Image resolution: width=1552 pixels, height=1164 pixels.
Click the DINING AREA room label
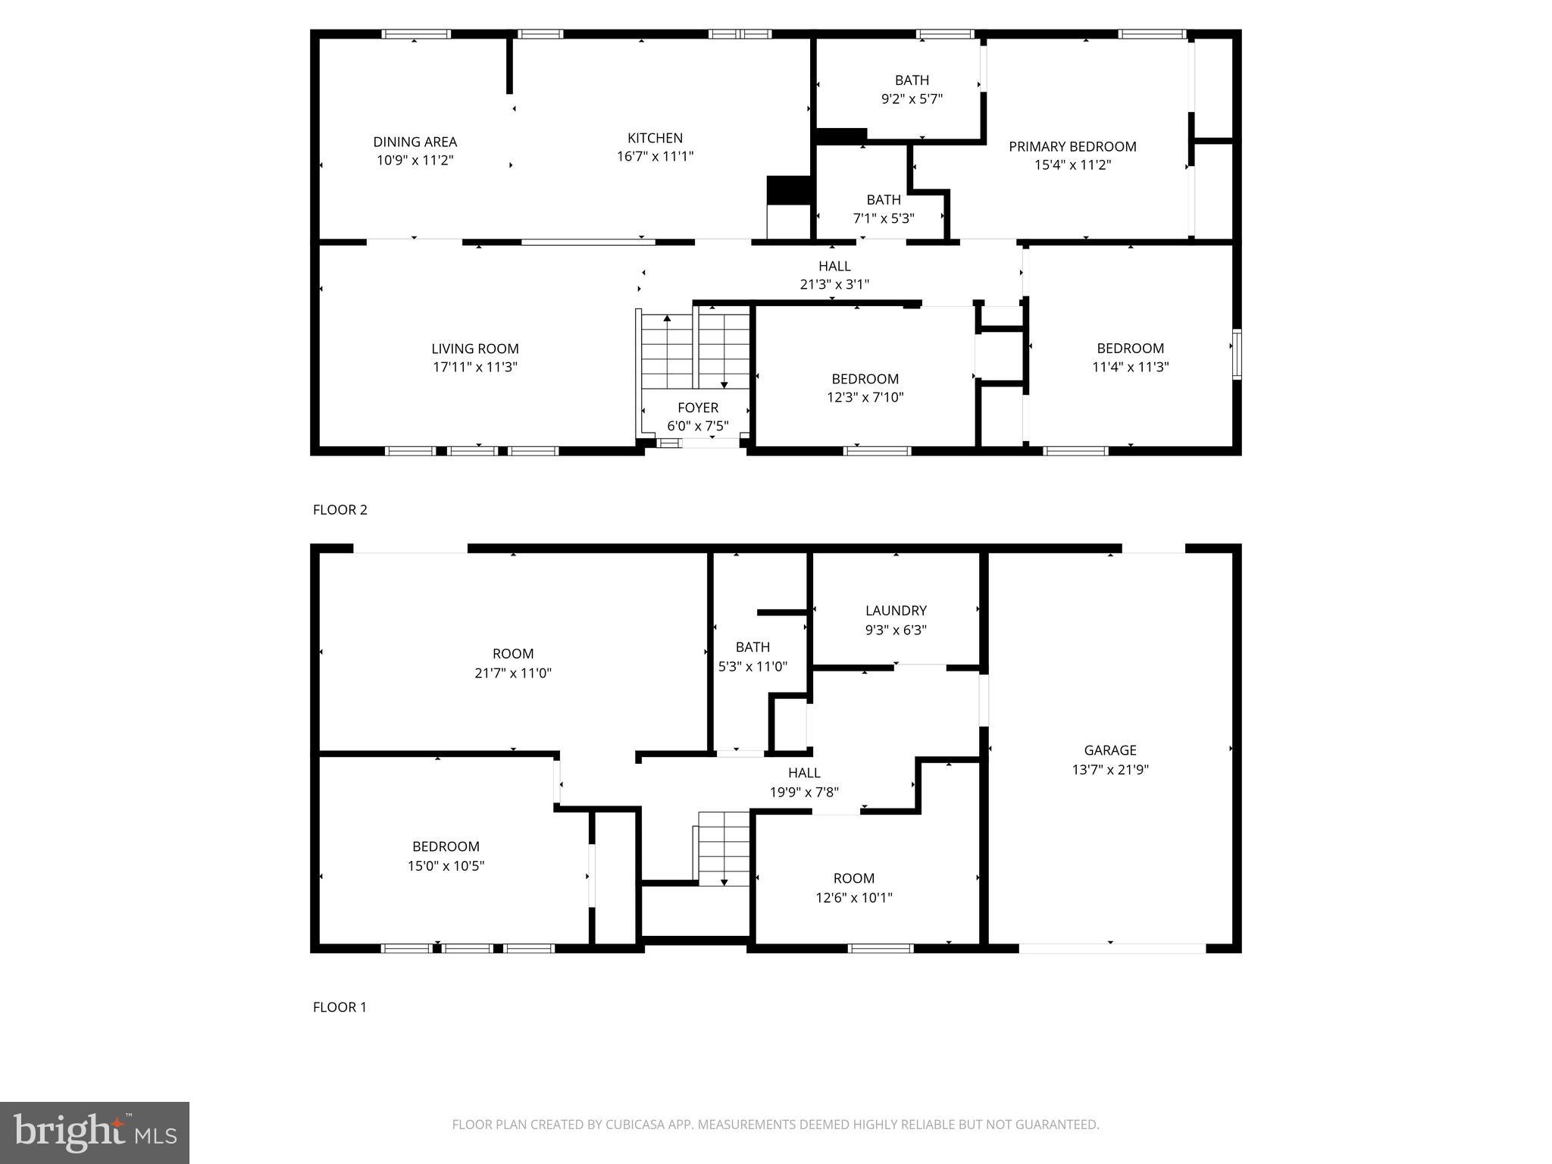415,142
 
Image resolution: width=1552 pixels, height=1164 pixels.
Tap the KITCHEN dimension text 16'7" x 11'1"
655,156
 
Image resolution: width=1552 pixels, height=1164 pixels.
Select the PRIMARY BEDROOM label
1072,146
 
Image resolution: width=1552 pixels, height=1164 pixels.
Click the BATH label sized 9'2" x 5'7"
911,80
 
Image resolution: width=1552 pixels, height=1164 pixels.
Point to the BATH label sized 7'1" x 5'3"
883,200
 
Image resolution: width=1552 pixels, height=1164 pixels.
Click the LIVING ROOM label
474,349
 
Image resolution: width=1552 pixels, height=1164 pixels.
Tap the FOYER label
697,408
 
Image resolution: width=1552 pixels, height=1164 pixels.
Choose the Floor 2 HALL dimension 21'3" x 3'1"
834,284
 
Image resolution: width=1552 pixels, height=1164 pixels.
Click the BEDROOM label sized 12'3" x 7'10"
865,379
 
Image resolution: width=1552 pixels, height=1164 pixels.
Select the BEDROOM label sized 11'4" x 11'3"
1130,349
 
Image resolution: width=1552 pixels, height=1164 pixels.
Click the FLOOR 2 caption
339,510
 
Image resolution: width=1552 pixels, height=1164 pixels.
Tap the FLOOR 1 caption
339,1007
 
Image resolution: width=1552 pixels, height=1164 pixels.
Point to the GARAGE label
1109,750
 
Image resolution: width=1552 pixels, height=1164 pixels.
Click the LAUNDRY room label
896,611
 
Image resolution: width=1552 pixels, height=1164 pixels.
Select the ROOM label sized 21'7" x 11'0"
512,654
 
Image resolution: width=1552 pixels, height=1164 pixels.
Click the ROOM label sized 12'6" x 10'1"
853,878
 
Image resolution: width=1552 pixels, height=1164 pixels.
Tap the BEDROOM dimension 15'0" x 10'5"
446,865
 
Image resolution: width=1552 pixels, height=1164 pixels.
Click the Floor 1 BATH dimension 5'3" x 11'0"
753,667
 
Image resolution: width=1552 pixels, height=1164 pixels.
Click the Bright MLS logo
95,1132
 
